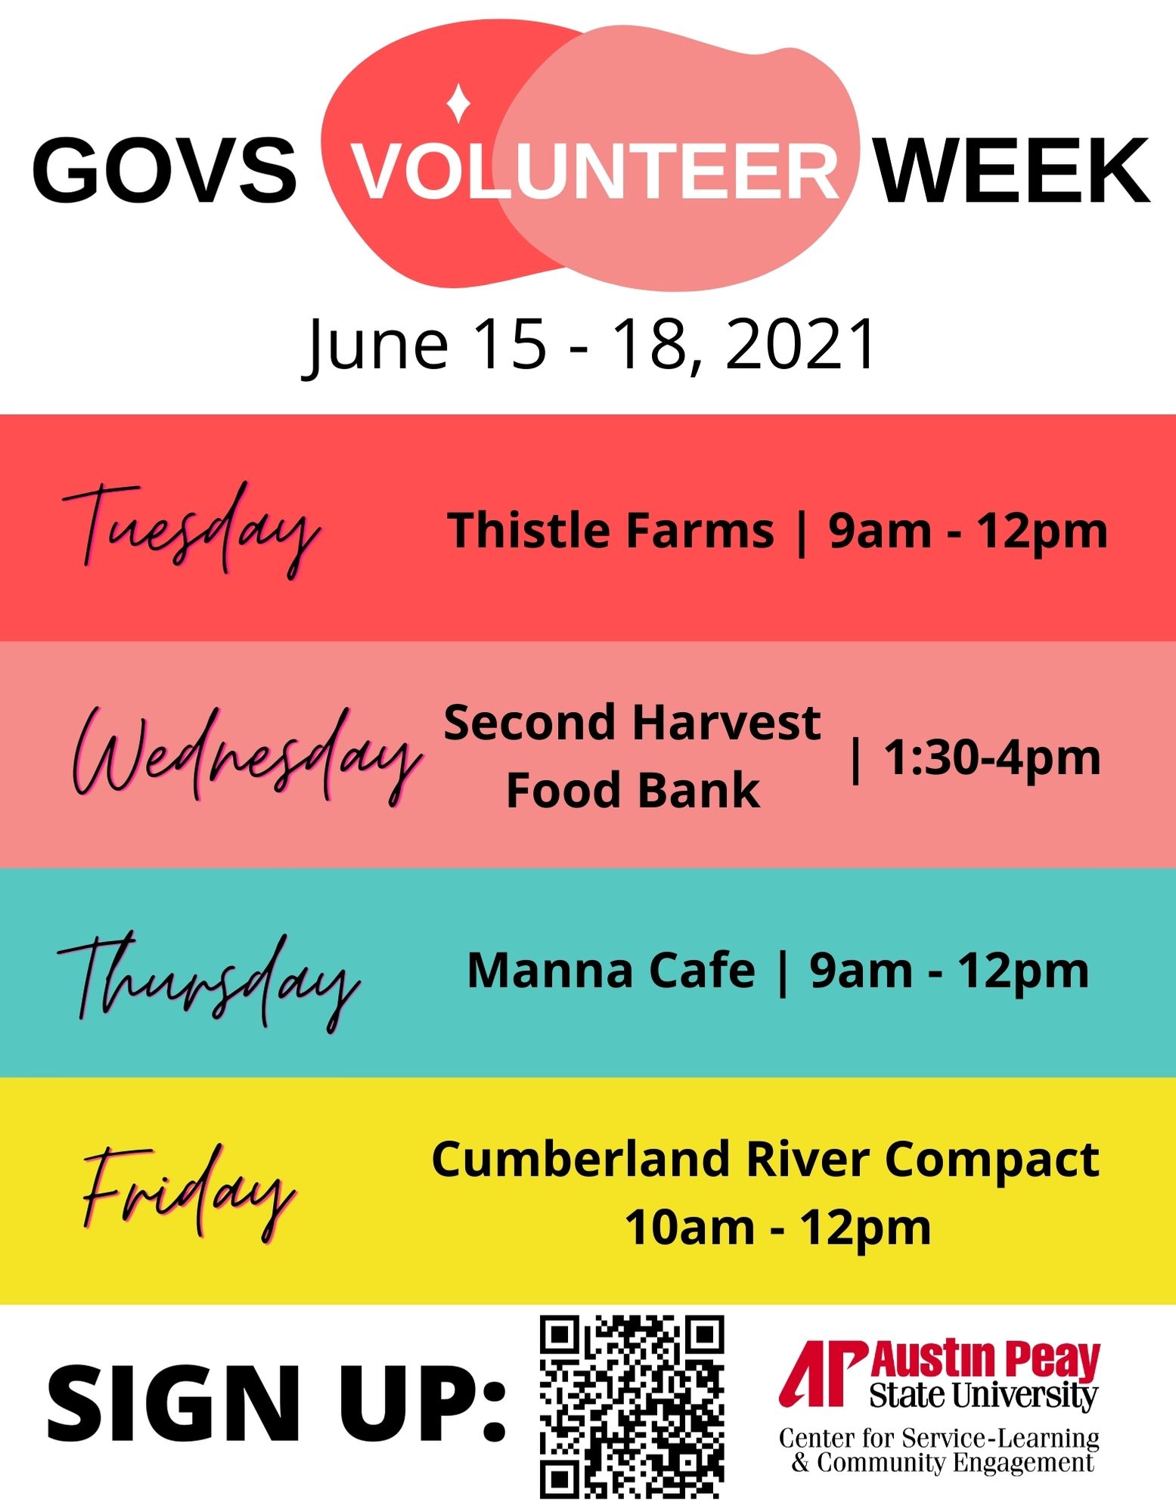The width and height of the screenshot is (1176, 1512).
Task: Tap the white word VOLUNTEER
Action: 596,171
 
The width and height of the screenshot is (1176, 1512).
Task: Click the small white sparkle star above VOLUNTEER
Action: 458,104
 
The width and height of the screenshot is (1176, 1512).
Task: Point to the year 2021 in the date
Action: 800,344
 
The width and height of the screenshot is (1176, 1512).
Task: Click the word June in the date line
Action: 375,347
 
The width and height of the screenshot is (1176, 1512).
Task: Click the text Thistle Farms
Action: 611,530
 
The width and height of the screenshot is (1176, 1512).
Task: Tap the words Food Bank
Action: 633,791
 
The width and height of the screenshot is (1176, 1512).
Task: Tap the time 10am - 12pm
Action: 777,1228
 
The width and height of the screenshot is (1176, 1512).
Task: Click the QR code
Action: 631,1408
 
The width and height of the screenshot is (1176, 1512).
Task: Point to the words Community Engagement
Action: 955,1462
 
